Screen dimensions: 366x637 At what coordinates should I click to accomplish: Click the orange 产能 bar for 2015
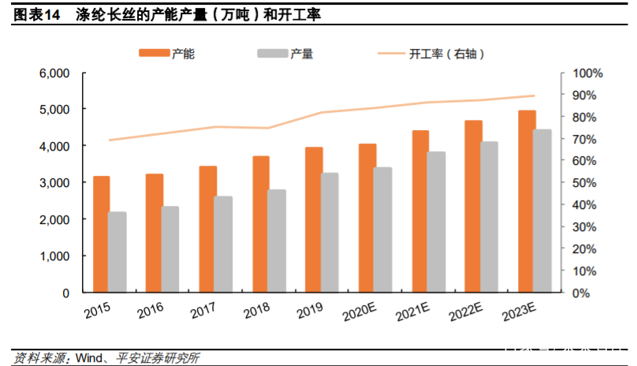pyautogui.click(x=102, y=234)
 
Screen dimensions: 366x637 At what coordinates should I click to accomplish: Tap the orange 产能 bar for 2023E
pyautogui.click(x=527, y=202)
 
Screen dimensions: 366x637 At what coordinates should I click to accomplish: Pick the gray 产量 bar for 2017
pyautogui.click(x=224, y=245)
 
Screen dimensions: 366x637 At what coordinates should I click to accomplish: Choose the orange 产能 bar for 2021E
pyautogui.click(x=421, y=211)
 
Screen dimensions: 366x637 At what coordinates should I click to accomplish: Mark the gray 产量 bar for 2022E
pyautogui.click(x=490, y=217)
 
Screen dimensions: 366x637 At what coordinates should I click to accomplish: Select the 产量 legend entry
pyautogui.click(x=285, y=54)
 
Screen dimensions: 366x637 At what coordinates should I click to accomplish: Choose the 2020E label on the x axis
pyautogui.click(x=363, y=314)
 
